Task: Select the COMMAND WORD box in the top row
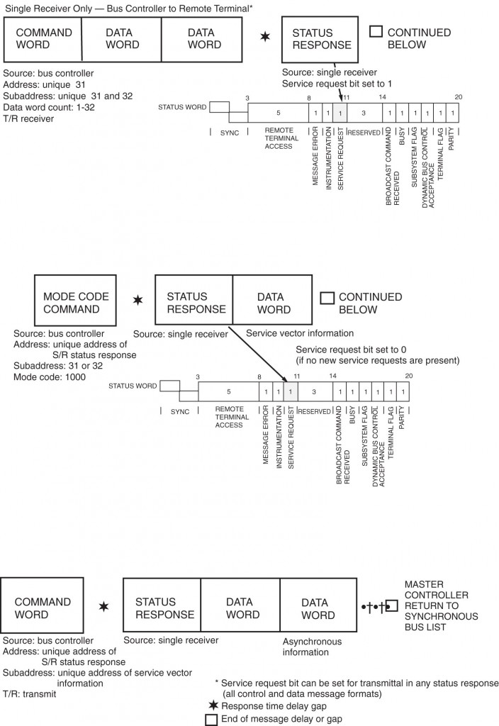[43, 38]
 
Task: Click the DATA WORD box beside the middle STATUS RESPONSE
[273, 303]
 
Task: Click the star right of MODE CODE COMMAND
[139, 300]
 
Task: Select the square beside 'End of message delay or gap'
[210, 719]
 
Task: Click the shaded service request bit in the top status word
[341, 113]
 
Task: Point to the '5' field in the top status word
[278, 113]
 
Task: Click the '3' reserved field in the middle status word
[313, 391]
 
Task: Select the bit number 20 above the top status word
[459, 97]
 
